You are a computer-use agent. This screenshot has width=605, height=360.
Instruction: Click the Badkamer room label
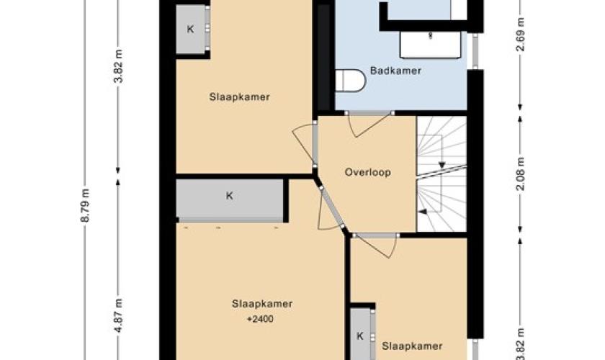click(x=395, y=71)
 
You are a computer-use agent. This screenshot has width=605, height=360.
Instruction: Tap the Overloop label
click(x=368, y=172)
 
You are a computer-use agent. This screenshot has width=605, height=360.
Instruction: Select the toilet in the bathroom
click(x=350, y=81)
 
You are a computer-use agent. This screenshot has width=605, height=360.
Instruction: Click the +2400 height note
click(x=261, y=319)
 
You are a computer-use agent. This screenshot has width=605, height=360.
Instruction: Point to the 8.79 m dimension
click(x=85, y=205)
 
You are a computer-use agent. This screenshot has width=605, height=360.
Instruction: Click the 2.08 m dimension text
click(x=521, y=174)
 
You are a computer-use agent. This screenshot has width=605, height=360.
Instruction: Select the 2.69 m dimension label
click(x=521, y=35)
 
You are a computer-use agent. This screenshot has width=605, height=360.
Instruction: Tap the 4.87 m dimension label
click(x=118, y=315)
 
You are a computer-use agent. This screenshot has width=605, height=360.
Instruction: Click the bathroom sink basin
click(x=431, y=45)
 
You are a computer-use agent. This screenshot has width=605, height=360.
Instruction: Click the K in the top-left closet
click(x=190, y=29)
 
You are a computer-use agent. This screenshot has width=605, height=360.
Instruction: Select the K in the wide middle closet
click(x=230, y=196)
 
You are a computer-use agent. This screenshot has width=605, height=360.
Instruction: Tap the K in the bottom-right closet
click(x=360, y=336)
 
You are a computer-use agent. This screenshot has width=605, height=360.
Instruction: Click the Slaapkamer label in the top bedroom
click(x=239, y=97)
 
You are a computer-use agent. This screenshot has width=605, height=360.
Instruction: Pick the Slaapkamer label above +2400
click(x=262, y=304)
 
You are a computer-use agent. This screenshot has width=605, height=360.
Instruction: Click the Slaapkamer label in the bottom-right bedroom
click(x=412, y=346)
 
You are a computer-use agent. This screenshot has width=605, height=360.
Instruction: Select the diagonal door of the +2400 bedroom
click(x=331, y=207)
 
